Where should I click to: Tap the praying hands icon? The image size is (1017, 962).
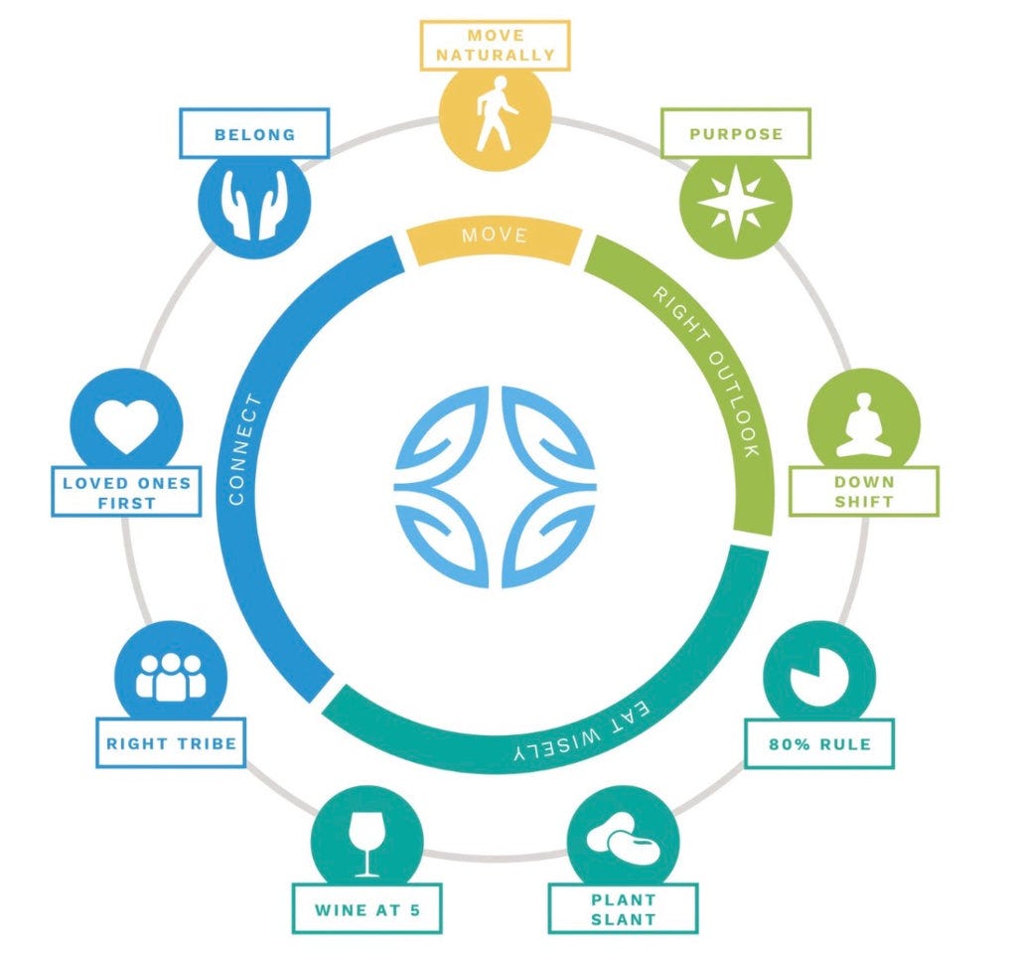click(x=255, y=204)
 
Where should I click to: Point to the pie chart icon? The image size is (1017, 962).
click(x=819, y=679)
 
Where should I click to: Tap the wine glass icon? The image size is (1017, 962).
click(x=367, y=841)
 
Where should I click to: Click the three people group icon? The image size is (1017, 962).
click(x=171, y=676)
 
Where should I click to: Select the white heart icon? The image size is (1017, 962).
click(x=127, y=424)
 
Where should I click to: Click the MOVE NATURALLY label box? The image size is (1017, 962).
click(x=495, y=45)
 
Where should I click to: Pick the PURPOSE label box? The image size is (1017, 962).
click(x=736, y=133)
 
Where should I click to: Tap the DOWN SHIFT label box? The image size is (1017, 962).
click(x=863, y=491)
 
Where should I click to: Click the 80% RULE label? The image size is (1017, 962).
click(x=819, y=742)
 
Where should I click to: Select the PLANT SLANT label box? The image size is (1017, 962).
click(x=623, y=908)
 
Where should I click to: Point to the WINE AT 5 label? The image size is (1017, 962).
click(x=366, y=908)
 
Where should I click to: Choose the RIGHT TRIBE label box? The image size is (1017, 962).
click(x=171, y=742)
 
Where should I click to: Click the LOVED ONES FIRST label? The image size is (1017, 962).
click(x=126, y=492)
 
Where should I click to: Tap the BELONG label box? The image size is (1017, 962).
click(x=254, y=133)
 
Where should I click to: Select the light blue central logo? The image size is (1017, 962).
click(x=496, y=485)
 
